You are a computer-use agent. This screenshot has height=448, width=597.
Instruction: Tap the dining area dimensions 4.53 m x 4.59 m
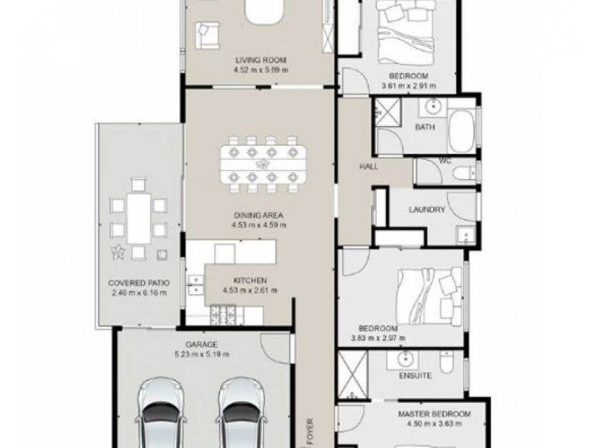coord(260,223)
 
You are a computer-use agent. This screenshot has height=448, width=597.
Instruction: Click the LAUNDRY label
coord(428,210)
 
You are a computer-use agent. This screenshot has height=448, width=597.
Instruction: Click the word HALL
coord(369,167)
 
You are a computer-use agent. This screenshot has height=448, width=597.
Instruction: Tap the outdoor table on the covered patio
coord(136,217)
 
